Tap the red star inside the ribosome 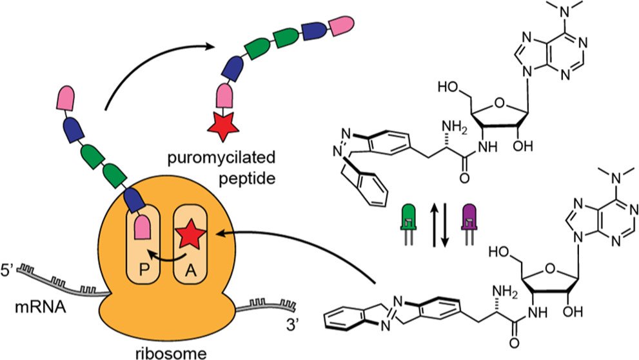[x=194, y=237]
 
